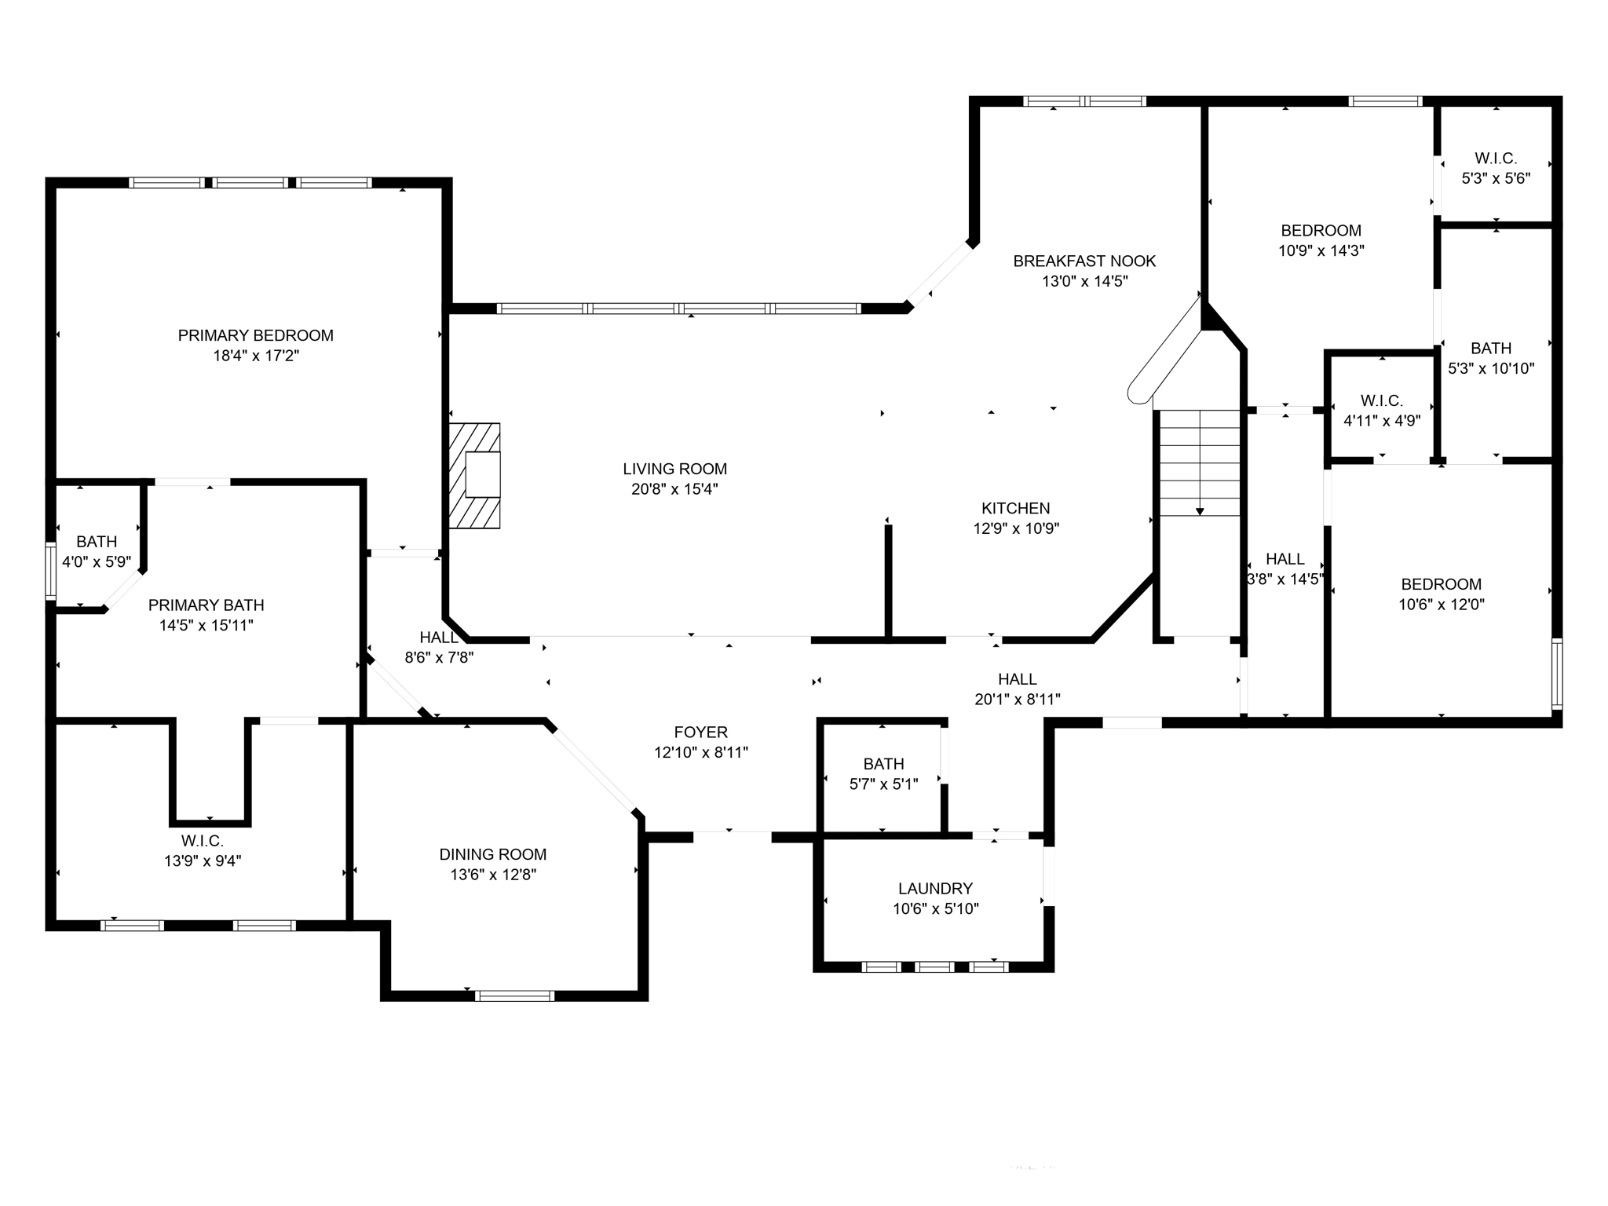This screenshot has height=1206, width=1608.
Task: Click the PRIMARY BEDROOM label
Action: coord(255,335)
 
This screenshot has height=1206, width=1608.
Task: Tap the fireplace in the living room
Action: coord(475,476)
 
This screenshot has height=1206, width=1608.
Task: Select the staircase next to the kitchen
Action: coord(1200,462)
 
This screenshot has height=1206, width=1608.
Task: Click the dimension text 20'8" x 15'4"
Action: coord(674,489)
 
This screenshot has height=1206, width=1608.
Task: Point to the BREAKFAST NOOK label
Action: coord(1084,261)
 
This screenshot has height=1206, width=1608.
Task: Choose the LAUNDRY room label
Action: coord(935,888)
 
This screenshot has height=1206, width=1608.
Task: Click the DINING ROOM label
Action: coord(492,854)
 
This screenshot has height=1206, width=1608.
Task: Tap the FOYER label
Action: coord(700,732)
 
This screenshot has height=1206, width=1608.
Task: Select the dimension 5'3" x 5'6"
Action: coord(1495,178)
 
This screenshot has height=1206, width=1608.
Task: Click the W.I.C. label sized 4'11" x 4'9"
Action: coord(1381,400)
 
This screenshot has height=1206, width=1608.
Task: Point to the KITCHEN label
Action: coord(1015,508)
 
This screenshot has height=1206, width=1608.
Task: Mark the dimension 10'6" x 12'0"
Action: coord(1441,605)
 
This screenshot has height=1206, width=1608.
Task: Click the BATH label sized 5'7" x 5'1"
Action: coord(883,763)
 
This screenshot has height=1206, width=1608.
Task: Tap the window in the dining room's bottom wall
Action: coord(514,996)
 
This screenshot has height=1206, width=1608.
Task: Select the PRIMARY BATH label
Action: coord(206,605)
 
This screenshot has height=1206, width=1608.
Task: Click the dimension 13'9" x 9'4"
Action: coord(203,861)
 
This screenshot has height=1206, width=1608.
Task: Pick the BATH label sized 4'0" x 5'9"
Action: coord(97,541)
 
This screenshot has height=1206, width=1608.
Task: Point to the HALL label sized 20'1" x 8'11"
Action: coord(1017,678)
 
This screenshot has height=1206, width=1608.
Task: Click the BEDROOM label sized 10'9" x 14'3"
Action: coord(1321,230)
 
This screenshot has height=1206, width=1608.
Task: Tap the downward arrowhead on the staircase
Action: coord(1200,511)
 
